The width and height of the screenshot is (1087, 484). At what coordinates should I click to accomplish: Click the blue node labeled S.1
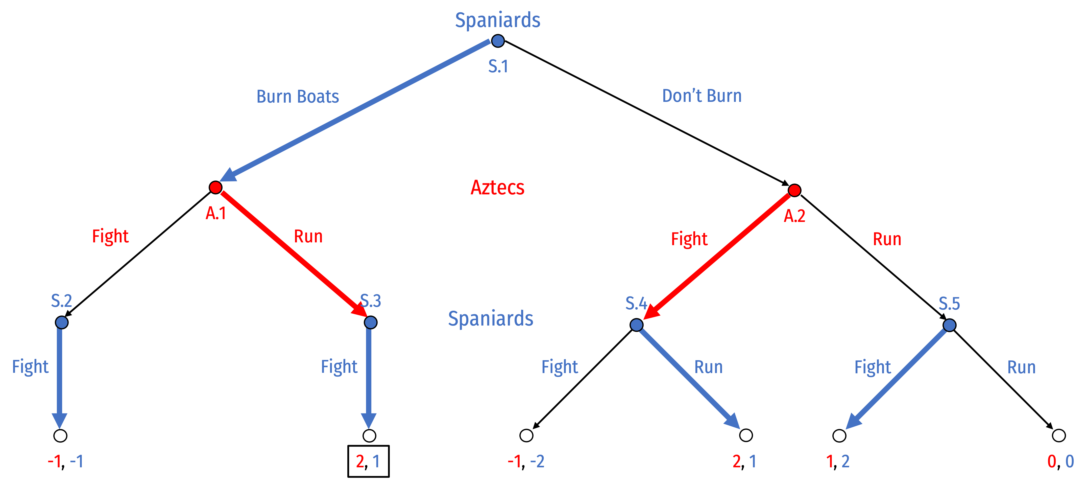point(498,41)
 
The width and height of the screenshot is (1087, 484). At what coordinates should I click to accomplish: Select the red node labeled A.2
point(794,191)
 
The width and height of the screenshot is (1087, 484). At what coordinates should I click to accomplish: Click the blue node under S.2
point(62,323)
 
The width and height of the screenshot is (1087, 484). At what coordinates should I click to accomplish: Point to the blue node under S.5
point(949,325)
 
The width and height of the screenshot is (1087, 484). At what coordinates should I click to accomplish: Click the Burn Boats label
point(298,97)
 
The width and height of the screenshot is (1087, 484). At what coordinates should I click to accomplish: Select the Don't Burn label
point(702,96)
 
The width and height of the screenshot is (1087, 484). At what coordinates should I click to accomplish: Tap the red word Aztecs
point(497,188)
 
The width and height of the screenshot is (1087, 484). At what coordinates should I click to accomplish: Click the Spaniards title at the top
point(497,20)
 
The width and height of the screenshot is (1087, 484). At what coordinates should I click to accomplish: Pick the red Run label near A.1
point(308,237)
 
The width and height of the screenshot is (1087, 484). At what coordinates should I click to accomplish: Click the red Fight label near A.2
point(689,239)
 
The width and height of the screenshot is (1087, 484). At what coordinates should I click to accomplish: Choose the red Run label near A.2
point(887,239)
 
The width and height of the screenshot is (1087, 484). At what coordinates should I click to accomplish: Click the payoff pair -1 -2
point(526,462)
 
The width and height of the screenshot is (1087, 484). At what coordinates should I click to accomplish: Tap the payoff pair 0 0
point(1060,462)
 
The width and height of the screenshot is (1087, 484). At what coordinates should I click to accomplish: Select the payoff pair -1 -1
point(65,462)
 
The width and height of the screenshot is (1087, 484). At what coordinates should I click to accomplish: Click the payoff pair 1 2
point(838,462)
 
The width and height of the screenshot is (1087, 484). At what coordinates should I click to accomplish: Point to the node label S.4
point(636,303)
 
